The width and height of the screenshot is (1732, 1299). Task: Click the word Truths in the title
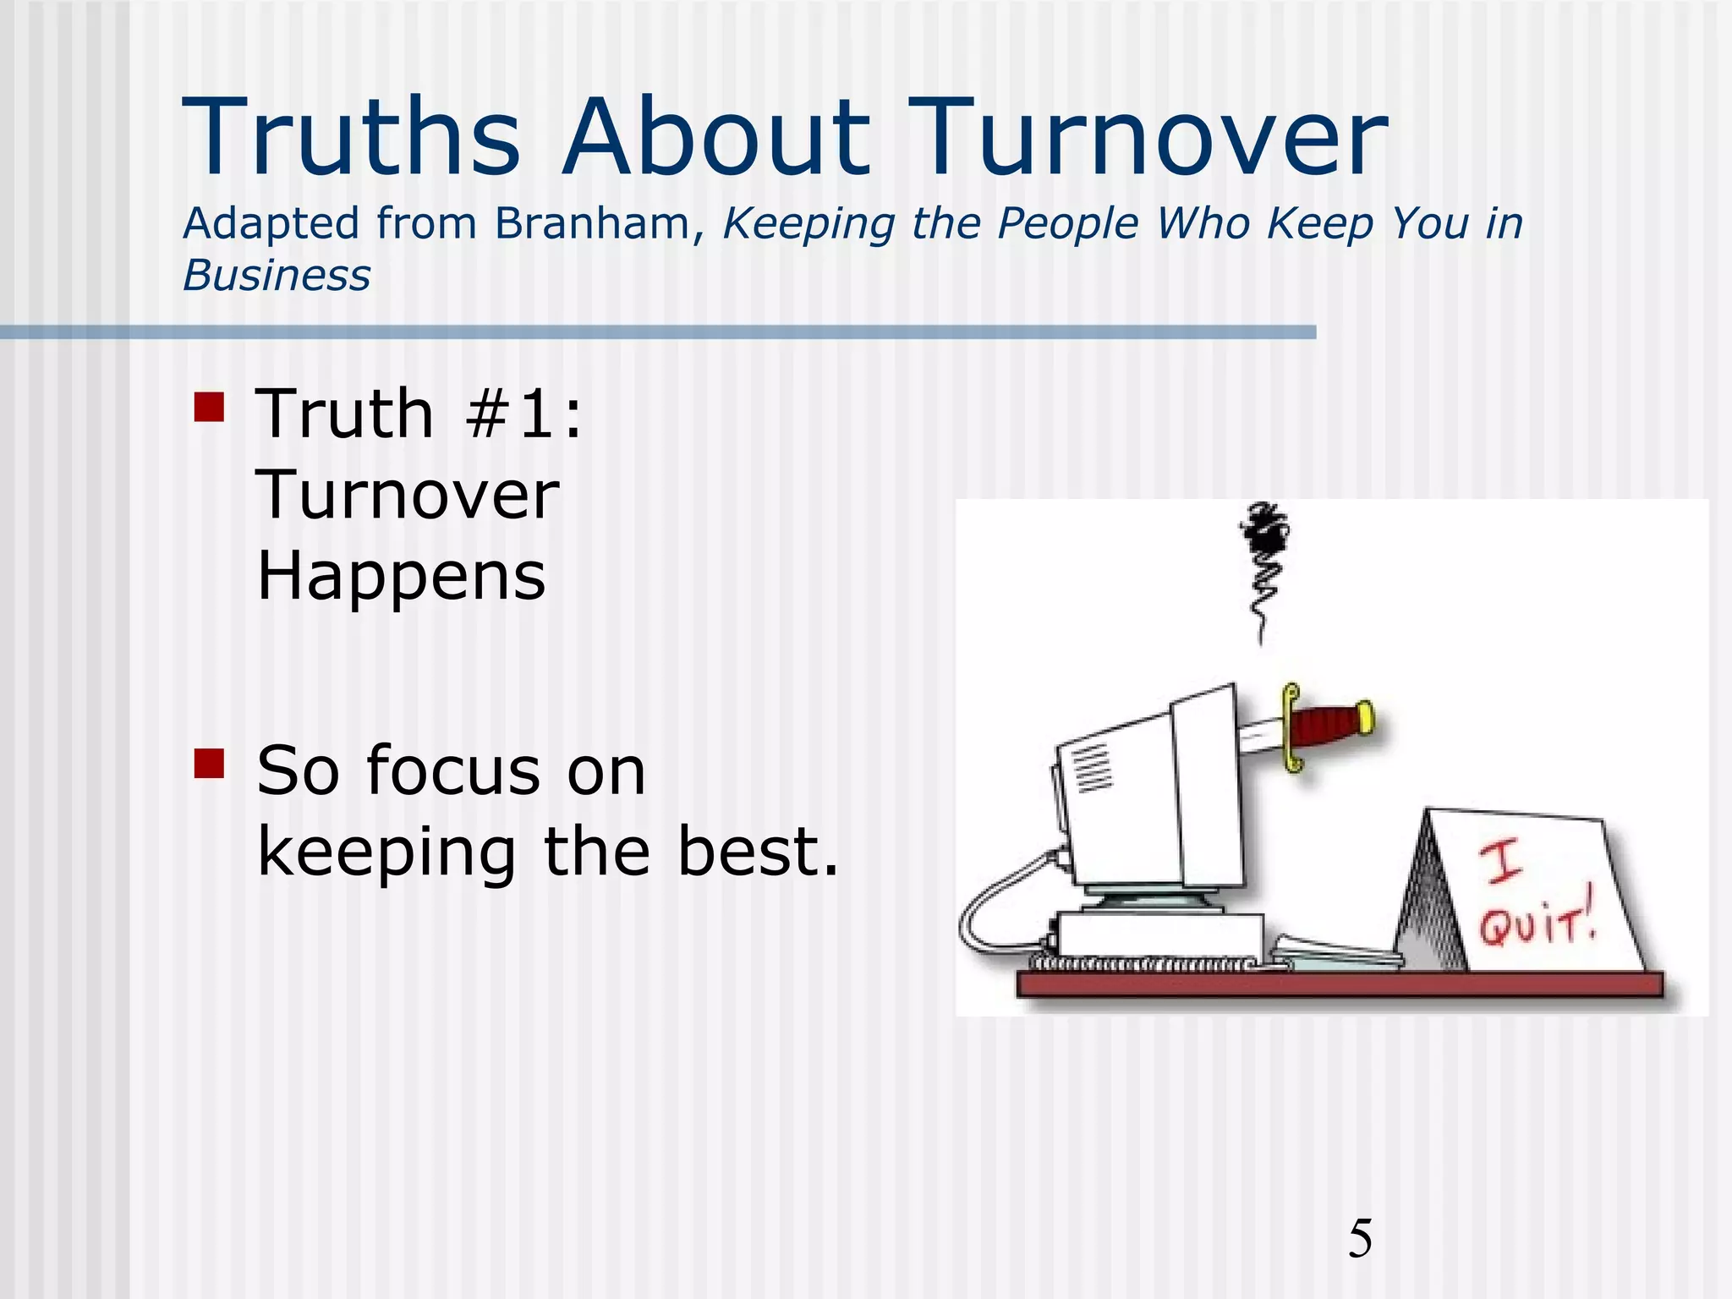351,138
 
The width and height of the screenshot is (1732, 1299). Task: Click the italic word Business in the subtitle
277,277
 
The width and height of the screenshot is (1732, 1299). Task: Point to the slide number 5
1360,1239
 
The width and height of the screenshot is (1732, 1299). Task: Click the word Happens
402,577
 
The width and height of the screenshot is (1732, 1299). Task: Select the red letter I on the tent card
1501,861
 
